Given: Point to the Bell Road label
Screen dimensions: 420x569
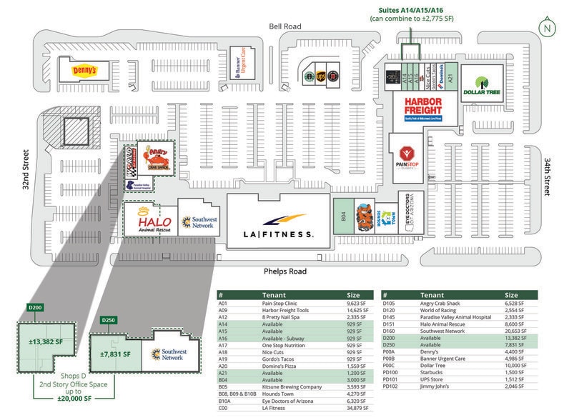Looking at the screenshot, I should (285, 26).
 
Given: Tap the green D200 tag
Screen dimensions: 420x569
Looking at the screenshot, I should (35, 307).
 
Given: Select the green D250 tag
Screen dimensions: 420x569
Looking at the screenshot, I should (109, 319).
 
